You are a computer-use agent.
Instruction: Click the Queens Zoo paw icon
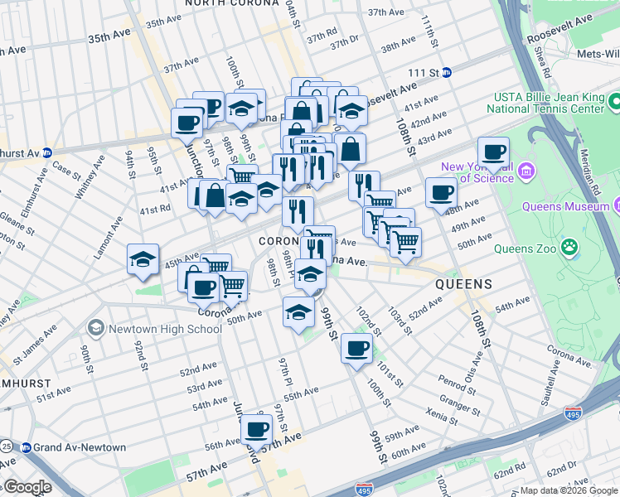coord(570,246)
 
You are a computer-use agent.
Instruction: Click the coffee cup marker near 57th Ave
coord(257,429)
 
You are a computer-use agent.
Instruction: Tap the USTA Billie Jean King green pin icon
coord(615,102)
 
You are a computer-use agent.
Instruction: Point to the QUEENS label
coord(464,284)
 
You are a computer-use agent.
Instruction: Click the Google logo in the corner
coord(27,487)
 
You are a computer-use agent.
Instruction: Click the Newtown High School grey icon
coord(97,329)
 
